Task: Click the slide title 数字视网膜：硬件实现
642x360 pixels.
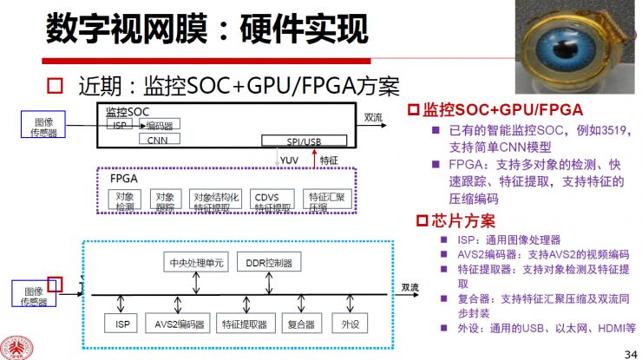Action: pyautogui.click(x=202, y=30)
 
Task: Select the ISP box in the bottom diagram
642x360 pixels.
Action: pyautogui.click(x=120, y=324)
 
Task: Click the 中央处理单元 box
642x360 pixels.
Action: pyautogui.click(x=196, y=262)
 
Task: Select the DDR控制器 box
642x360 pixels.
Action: pyautogui.click(x=269, y=262)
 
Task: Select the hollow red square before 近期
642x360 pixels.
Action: pyautogui.click(x=56, y=86)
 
